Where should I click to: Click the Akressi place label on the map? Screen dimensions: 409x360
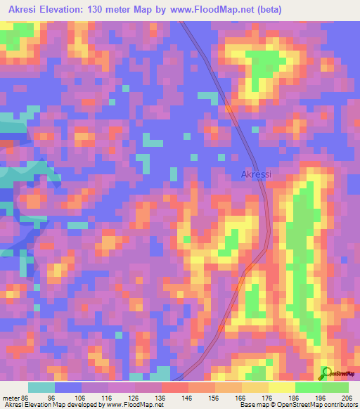click(256, 174)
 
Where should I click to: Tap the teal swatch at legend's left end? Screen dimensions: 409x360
click(41, 387)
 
